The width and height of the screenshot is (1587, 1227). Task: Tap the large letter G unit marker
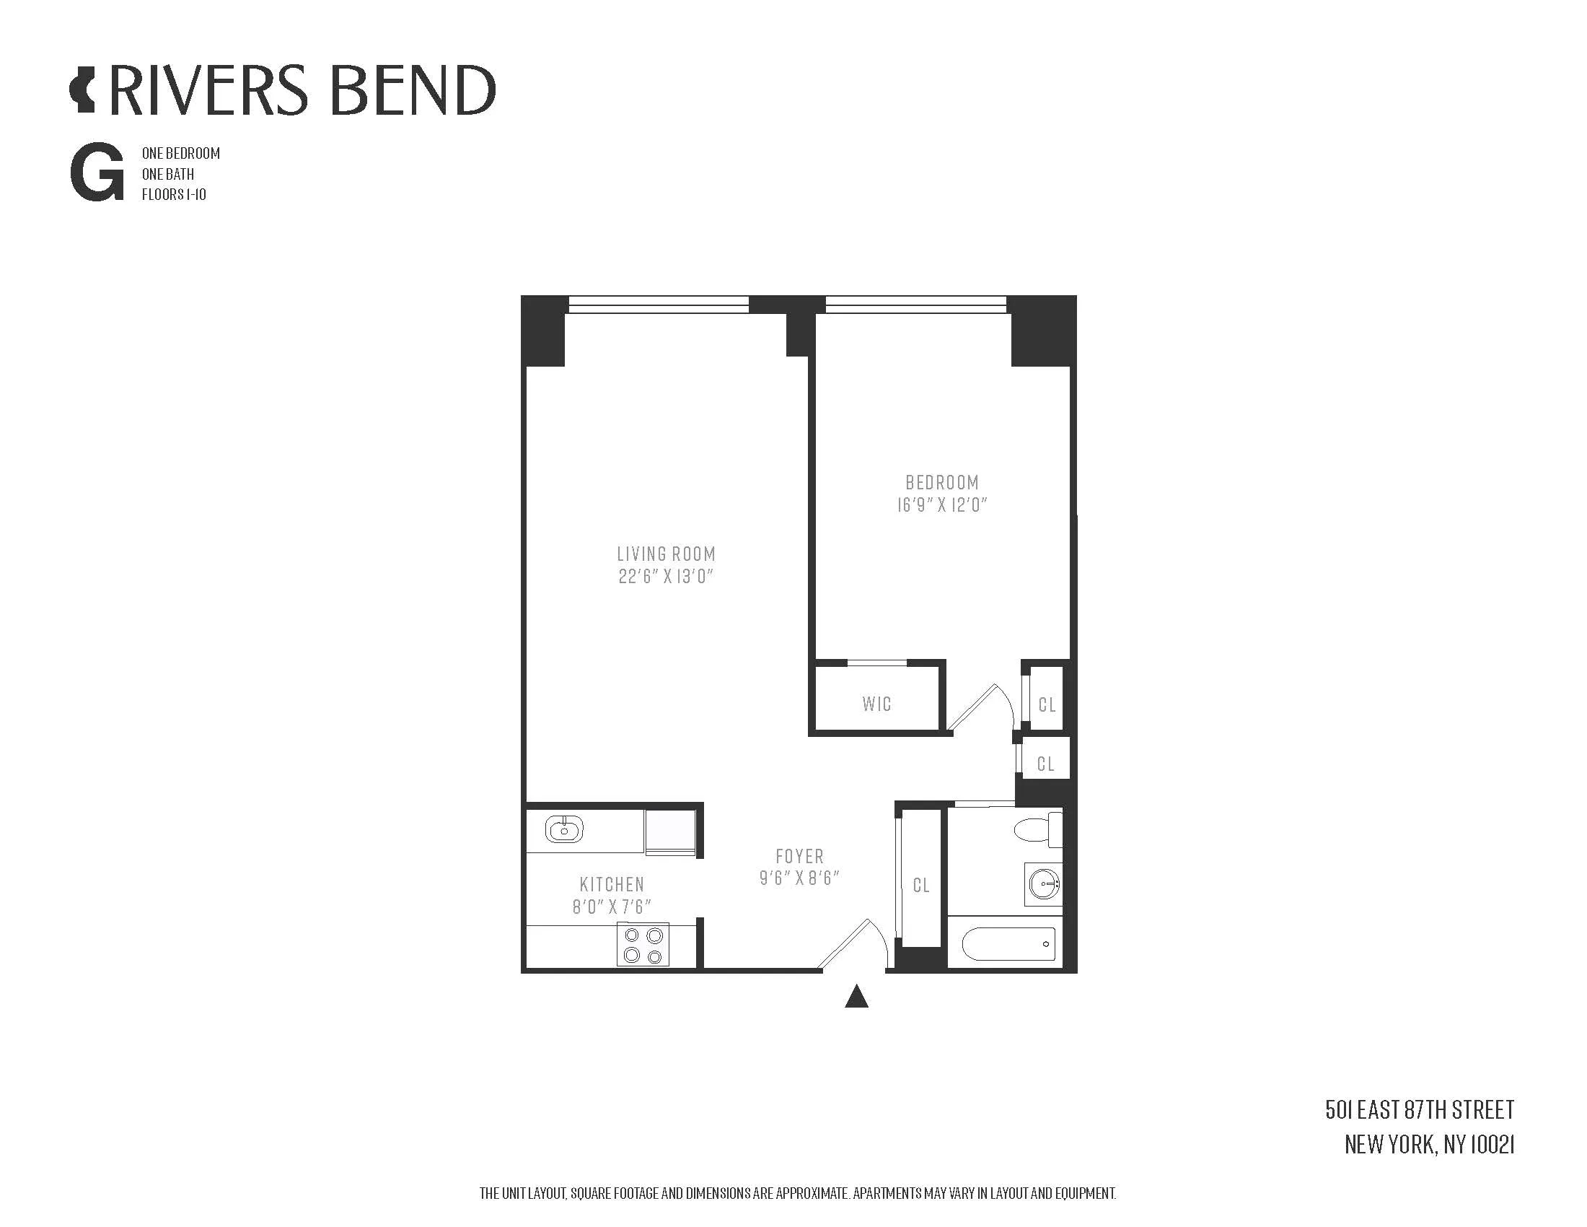97,175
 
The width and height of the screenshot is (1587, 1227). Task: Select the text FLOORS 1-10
174,195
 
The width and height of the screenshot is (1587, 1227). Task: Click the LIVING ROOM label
666,554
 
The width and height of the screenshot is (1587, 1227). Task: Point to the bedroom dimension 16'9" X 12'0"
941,505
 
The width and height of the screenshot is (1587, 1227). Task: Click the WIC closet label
876,704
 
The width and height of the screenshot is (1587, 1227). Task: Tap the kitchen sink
565,829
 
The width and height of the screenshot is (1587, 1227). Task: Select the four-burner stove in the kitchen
643,944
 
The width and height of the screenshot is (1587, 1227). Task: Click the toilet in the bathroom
1037,829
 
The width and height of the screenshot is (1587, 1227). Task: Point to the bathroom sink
1044,885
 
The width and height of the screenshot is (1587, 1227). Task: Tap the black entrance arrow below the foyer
857,997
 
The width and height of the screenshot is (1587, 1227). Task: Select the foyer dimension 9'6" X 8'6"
799,878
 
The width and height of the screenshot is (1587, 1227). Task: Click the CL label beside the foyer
920,886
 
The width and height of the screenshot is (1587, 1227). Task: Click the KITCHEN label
612,884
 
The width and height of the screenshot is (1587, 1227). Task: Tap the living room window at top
659,304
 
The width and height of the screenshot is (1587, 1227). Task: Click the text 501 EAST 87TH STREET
1419,1110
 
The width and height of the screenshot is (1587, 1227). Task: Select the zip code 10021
1492,1145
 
